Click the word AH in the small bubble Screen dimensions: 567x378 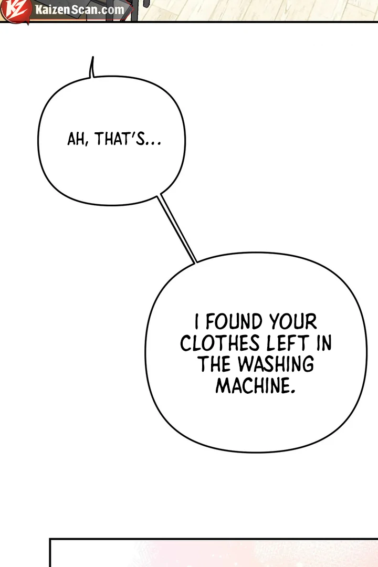[x=76, y=139]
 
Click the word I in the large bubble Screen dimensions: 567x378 [x=196, y=321]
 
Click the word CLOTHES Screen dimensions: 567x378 [x=220, y=343]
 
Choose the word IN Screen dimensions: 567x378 [x=324, y=343]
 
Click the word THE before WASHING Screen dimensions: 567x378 [x=215, y=364]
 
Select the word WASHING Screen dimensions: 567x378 [x=276, y=364]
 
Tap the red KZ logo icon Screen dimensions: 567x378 [x=15, y=9]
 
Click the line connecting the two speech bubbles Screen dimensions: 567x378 [x=177, y=228]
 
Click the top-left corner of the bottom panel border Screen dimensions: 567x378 [x=50, y=539]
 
